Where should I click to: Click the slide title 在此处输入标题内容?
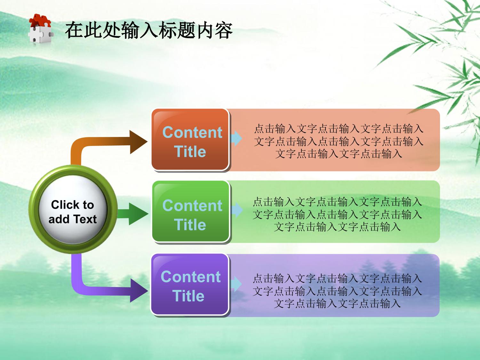(x=149, y=30)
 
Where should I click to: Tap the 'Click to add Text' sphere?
(x=73, y=209)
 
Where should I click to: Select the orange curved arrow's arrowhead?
(x=138, y=142)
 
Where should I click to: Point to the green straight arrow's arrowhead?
(x=138, y=214)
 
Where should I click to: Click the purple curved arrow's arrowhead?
(x=139, y=290)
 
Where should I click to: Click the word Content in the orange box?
(x=192, y=132)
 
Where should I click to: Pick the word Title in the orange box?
(x=190, y=151)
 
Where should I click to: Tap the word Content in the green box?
(x=192, y=205)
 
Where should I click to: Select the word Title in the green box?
(x=190, y=225)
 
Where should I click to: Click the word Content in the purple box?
(x=191, y=277)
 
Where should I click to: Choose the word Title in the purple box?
(x=188, y=296)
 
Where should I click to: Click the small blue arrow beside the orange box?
(x=236, y=138)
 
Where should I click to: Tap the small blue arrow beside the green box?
(x=236, y=210)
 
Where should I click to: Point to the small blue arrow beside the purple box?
(x=236, y=284)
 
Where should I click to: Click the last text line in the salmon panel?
(x=339, y=154)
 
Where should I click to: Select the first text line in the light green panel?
(x=337, y=202)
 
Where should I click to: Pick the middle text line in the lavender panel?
(x=337, y=291)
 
